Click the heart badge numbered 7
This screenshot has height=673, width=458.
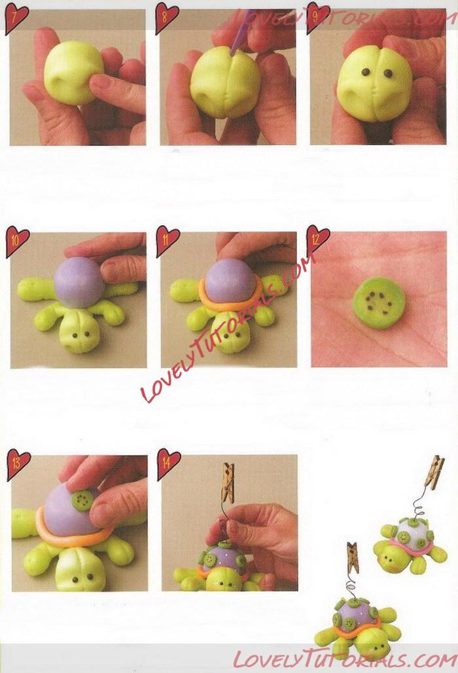tap(16, 17)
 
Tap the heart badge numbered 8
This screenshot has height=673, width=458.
tap(166, 17)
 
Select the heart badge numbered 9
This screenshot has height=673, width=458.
tap(318, 17)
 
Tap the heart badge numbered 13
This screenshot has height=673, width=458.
tap(18, 464)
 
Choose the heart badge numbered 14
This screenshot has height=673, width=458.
tap(169, 464)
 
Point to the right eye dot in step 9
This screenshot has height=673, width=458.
tap(388, 74)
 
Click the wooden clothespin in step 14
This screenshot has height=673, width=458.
tap(228, 483)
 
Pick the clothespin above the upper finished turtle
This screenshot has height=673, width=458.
tap(435, 471)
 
